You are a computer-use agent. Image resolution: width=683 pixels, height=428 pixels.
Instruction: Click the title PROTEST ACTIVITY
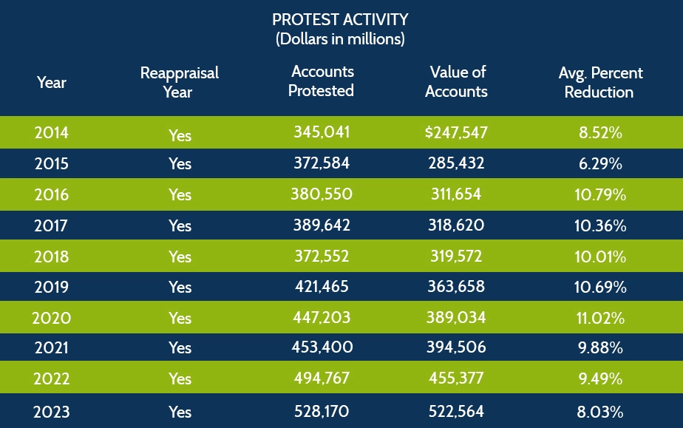pos(340,19)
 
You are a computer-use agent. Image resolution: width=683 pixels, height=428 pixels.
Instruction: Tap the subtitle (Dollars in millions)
pos(340,39)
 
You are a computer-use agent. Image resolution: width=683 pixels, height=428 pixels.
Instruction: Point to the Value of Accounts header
pos(457,81)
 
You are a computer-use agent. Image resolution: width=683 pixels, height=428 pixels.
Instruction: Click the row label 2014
pos(51,134)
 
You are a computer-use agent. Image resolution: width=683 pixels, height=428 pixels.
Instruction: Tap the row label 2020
pos(51,319)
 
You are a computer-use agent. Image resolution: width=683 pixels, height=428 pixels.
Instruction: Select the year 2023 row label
pos(51,411)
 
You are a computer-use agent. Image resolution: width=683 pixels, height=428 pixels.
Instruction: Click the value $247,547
pos(456,133)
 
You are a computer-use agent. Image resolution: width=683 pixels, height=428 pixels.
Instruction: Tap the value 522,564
pos(456,410)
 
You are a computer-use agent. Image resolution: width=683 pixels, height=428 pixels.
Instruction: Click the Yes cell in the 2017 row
pos(180,226)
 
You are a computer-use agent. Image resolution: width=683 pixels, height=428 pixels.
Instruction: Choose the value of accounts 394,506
pos(456,348)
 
